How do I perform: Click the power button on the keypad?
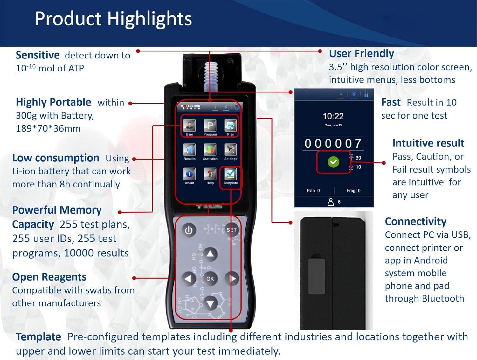[189, 230]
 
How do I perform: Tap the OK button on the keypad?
[210, 279]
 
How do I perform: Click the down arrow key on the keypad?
[210, 304]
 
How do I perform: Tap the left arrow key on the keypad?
[189, 279]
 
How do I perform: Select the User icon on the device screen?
[190, 126]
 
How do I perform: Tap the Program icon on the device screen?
[210, 126]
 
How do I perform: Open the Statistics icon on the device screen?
[210, 150]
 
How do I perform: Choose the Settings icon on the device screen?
[231, 150]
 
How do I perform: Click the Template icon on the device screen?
[231, 174]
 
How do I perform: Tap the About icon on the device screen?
[190, 174]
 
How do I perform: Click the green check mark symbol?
[333, 162]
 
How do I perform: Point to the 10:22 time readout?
[333, 116]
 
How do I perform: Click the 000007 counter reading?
[333, 144]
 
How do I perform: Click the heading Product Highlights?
[113, 19]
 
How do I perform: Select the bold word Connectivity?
[415, 221]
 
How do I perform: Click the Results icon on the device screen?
[190, 150]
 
